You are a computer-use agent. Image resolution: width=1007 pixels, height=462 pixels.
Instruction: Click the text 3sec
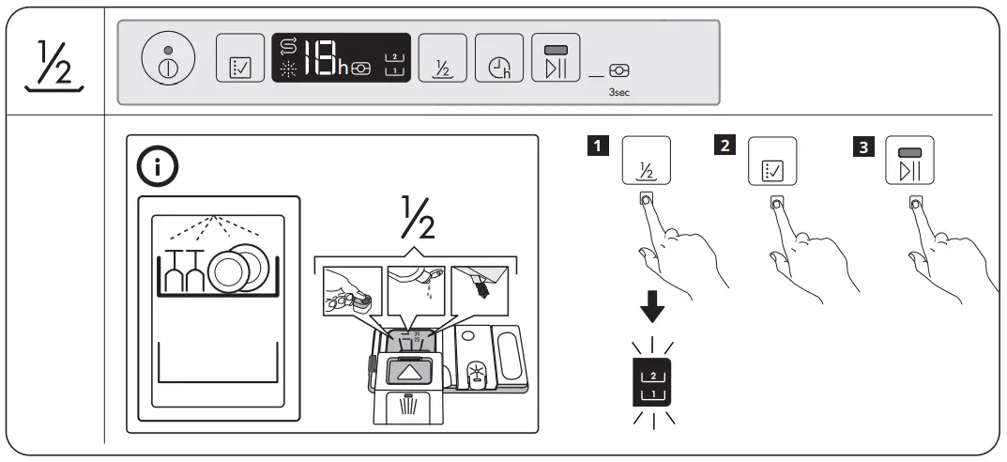pyautogui.click(x=618, y=94)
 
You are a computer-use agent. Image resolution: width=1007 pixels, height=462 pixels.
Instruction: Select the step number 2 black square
pyautogui.click(x=724, y=146)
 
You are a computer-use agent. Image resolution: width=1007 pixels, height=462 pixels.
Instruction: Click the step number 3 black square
pyautogui.click(x=859, y=146)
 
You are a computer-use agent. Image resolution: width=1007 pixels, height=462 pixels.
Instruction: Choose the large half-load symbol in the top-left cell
pyautogui.click(x=52, y=63)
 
